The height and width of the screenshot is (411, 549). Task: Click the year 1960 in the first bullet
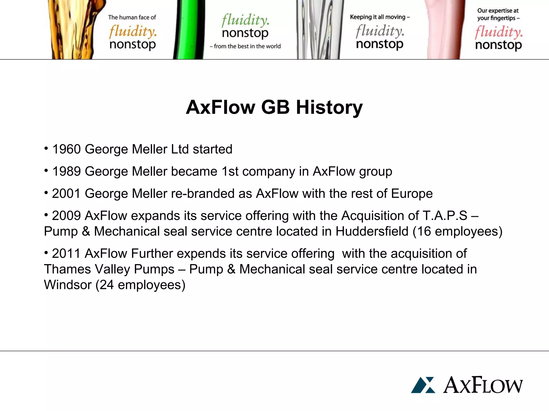[x=66, y=149]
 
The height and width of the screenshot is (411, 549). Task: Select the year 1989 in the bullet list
[x=66, y=172]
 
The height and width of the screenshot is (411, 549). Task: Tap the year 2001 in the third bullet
[x=66, y=194]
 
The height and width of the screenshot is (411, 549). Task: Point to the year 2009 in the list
[x=66, y=216]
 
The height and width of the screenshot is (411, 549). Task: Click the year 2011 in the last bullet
[x=66, y=254]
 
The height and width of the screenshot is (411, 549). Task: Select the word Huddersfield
[x=372, y=231]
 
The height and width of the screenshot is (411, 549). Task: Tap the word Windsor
[x=68, y=285]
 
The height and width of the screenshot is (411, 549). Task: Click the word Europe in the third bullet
[x=412, y=194]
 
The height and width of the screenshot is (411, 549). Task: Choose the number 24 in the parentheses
[x=106, y=285]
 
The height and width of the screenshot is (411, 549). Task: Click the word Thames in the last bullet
[x=67, y=269]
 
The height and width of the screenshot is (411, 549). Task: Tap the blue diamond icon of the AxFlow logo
[x=423, y=385]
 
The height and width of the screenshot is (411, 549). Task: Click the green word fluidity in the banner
[x=245, y=20]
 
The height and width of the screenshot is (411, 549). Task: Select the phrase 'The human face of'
[x=132, y=17]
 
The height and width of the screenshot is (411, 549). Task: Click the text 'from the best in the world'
[x=247, y=46]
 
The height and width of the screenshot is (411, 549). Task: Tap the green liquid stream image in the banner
[x=189, y=29]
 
